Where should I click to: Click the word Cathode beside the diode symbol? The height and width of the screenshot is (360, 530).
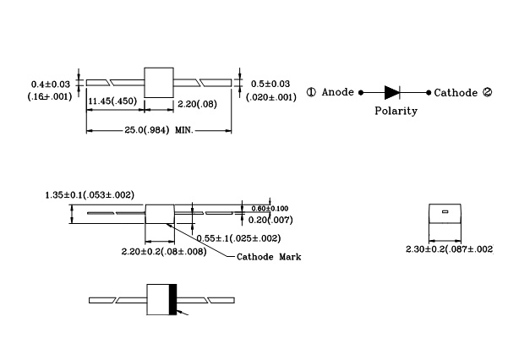[x=456, y=92]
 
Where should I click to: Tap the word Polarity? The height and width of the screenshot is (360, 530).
[x=396, y=111]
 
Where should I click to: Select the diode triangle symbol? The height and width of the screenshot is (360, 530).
[x=391, y=92]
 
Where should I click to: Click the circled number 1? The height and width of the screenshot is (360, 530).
[x=311, y=92]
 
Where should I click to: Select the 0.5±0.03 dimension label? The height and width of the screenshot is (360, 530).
[x=270, y=84]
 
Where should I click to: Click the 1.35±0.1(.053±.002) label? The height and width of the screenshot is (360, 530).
[x=90, y=195]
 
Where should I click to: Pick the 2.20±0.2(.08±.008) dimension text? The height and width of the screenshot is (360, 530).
[x=163, y=252]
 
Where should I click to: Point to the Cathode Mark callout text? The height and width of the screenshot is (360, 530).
[x=268, y=257]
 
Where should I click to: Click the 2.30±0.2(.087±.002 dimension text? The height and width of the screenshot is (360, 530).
[x=450, y=249]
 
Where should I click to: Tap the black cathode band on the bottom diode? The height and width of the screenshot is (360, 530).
[x=174, y=300]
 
